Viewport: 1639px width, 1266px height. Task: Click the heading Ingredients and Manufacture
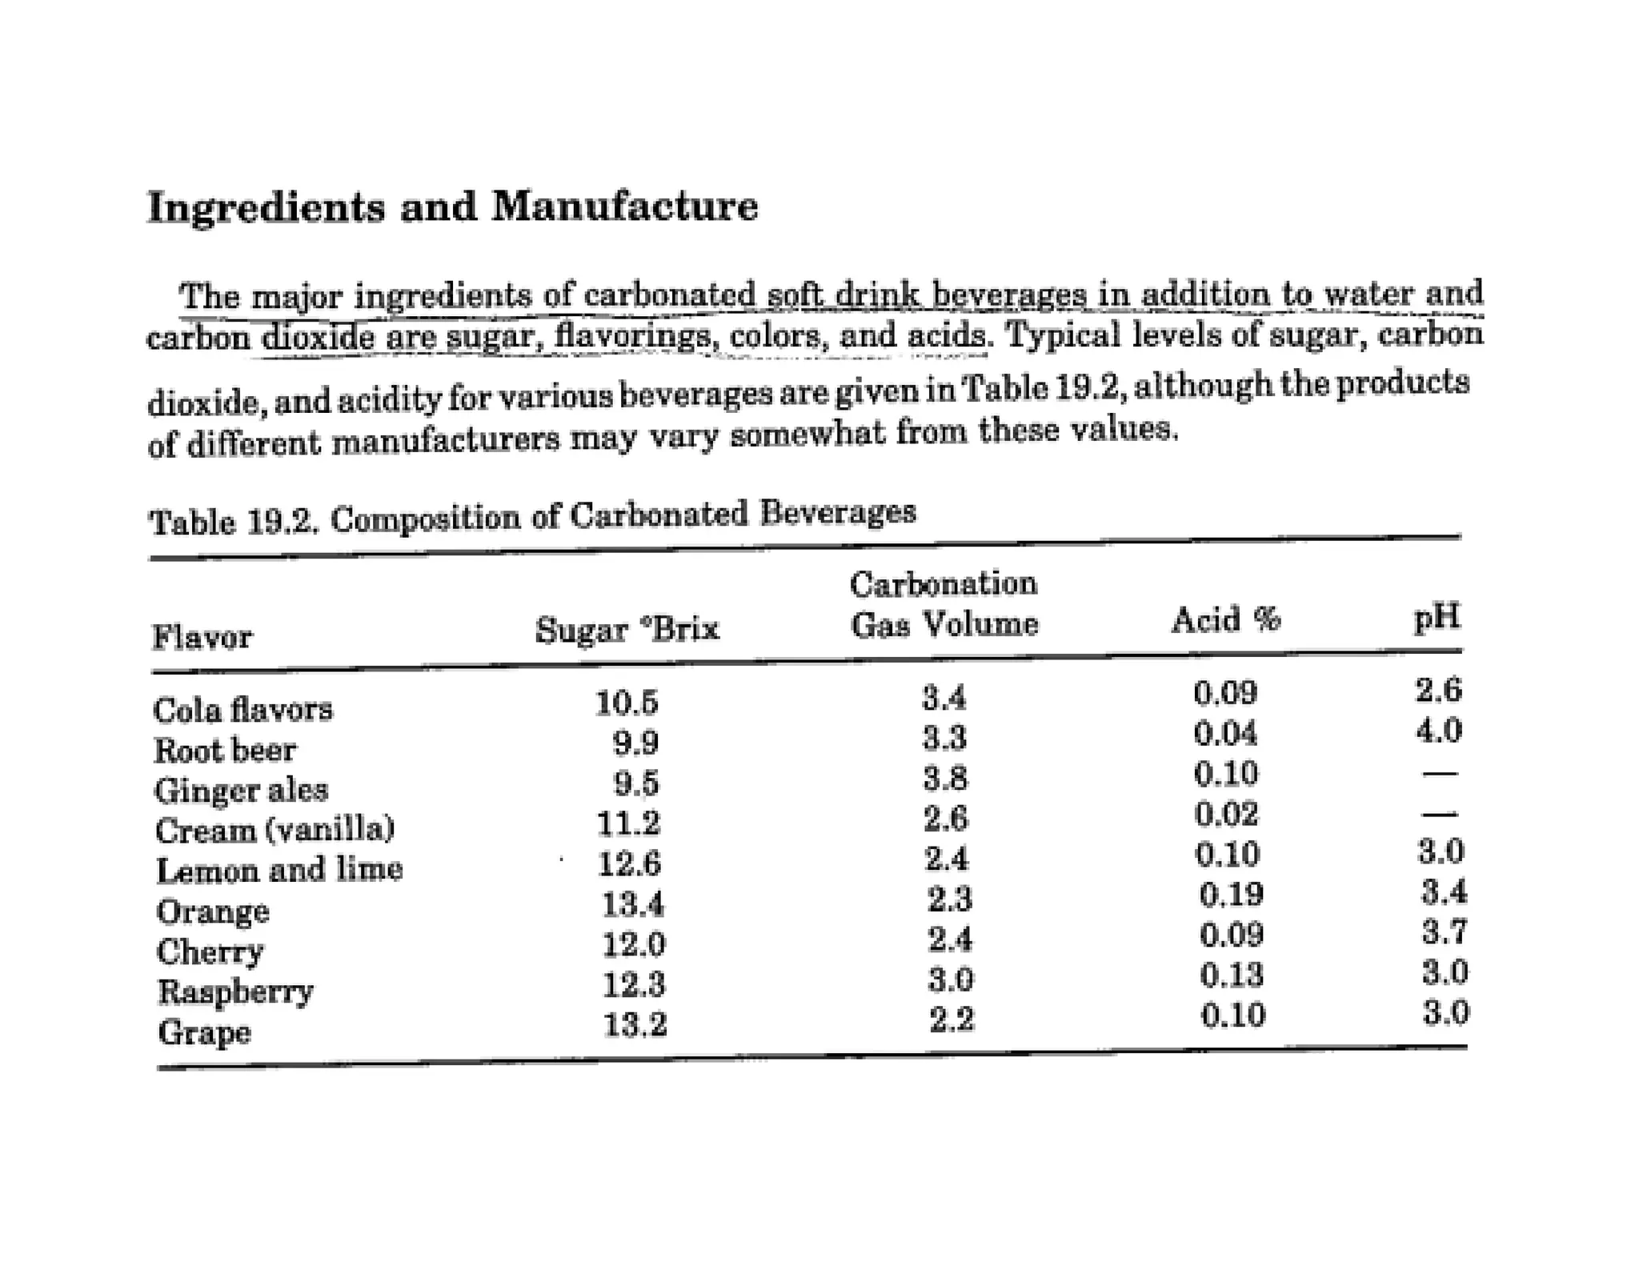point(452,206)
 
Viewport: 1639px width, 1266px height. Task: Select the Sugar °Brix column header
point(627,629)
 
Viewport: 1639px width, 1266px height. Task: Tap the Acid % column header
point(1225,619)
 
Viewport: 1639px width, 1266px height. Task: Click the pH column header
point(1437,616)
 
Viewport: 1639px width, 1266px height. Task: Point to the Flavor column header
point(202,638)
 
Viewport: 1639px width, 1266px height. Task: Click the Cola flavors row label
point(242,710)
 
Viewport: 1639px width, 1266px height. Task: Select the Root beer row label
point(225,751)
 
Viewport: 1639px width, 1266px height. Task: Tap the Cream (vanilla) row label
point(275,830)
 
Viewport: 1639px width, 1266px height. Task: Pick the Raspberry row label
point(234,992)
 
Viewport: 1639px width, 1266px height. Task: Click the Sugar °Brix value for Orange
point(632,905)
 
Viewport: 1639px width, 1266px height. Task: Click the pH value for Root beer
point(1439,731)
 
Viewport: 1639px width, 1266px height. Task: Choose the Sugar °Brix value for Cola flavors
point(627,703)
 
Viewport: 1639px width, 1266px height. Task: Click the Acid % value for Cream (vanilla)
point(1226,815)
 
